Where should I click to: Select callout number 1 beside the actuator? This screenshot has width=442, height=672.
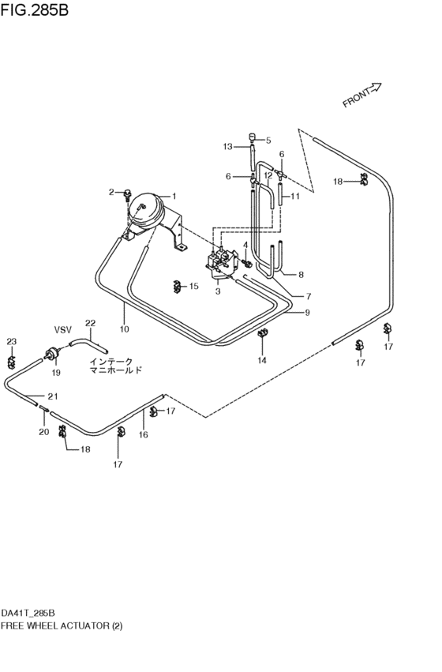(174, 196)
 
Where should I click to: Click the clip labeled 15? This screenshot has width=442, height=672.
(177, 285)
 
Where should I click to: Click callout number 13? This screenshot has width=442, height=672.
(227, 147)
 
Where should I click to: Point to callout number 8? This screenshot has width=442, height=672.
(300, 275)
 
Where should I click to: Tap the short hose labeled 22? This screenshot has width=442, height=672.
(86, 344)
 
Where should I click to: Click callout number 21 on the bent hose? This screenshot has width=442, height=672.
(52, 396)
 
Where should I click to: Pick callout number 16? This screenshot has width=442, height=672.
(144, 434)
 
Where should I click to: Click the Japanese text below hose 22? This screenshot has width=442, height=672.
(114, 364)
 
